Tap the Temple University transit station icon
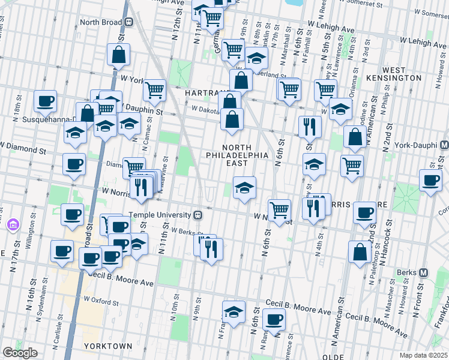tap(196, 215)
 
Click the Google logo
tap(20, 353)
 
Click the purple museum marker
tap(13, 225)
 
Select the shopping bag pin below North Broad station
tap(119, 55)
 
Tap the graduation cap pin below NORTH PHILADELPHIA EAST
tap(244, 188)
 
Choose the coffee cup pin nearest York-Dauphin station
tap(429, 181)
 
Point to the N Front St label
tap(418, 295)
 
